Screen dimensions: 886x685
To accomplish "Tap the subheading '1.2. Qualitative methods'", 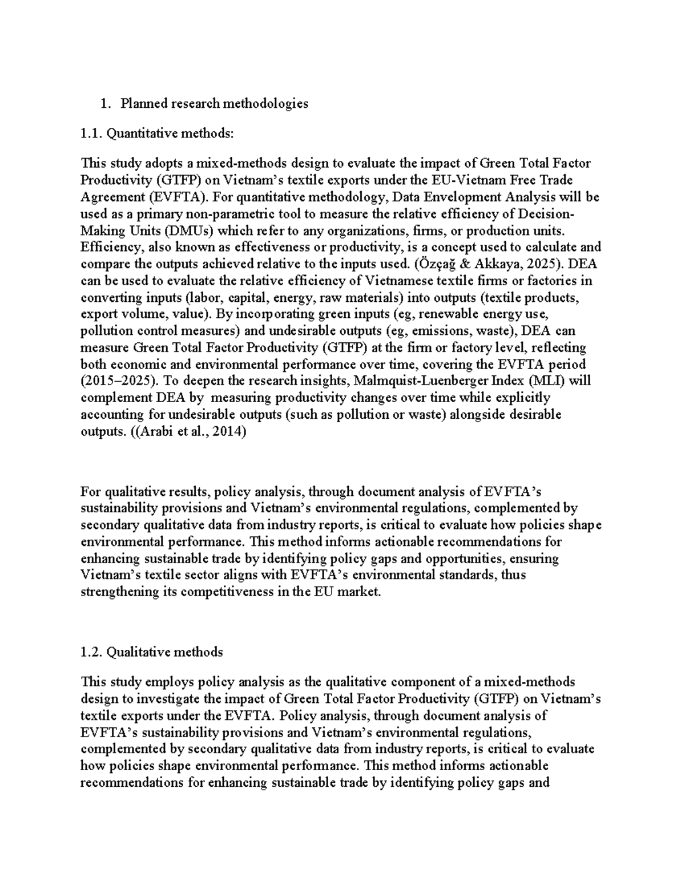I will [151, 652].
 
